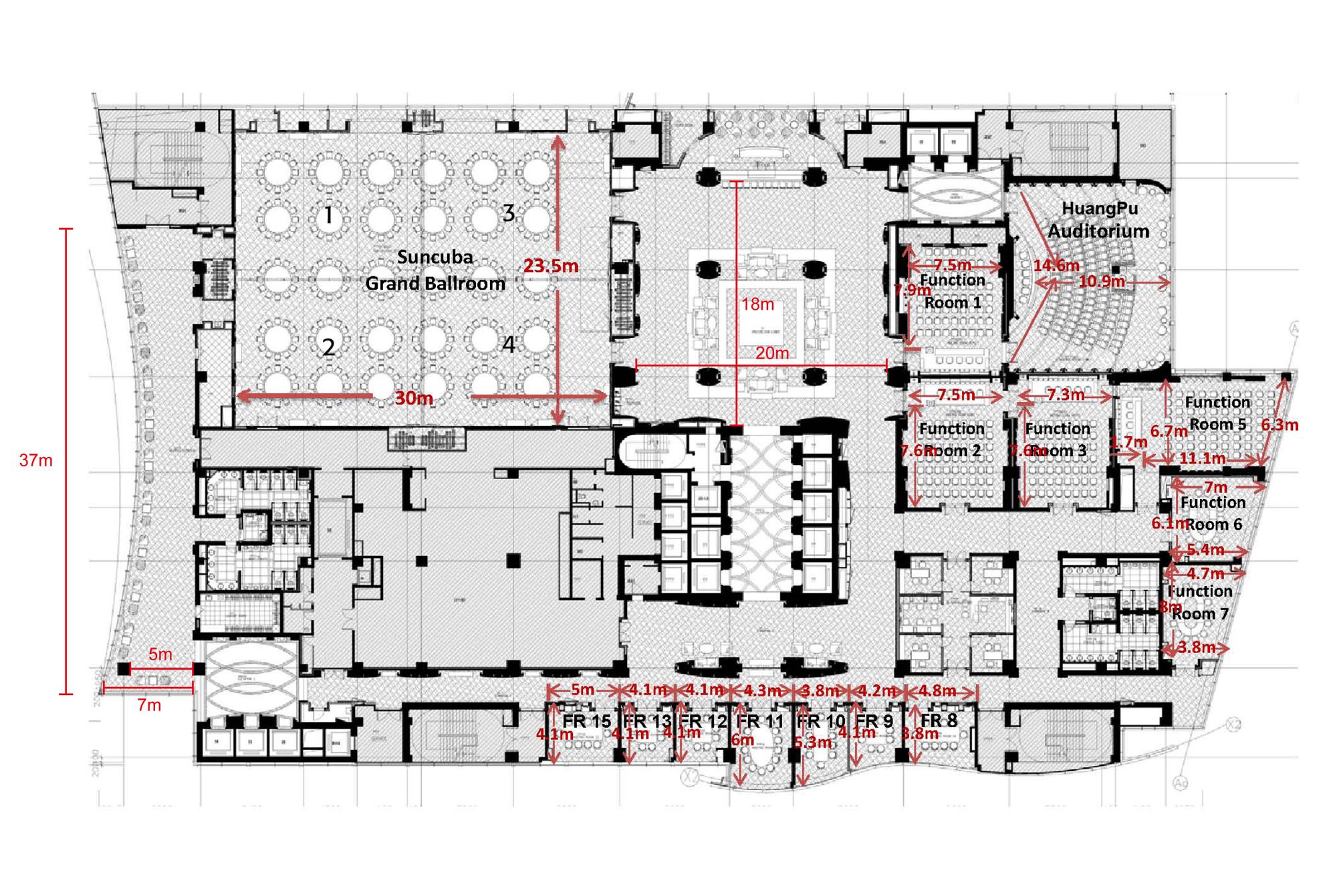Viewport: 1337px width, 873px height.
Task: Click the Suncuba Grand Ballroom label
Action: click(435, 270)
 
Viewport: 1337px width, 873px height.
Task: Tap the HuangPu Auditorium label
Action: click(1098, 219)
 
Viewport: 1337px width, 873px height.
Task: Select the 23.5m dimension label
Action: click(551, 266)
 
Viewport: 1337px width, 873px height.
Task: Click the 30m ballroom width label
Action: click(414, 399)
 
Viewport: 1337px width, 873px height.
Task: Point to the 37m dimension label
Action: click(36, 460)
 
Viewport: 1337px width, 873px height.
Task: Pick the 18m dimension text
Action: click(757, 304)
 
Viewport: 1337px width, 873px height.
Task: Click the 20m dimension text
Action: click(772, 353)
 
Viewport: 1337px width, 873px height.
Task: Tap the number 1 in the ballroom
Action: click(328, 215)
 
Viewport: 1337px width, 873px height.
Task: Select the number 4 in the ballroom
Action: click(509, 345)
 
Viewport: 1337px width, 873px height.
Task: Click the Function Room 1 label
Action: click(953, 291)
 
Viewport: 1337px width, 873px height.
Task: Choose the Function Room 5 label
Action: click(1217, 413)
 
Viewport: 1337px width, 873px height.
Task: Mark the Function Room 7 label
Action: click(1200, 602)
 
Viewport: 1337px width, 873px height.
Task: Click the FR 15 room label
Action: click(587, 721)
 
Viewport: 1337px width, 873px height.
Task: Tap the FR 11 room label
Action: click(759, 721)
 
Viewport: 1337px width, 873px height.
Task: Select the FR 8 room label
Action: click(939, 720)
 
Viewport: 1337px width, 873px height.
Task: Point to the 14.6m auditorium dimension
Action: click(1056, 266)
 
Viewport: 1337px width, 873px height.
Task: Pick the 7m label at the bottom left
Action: click(149, 705)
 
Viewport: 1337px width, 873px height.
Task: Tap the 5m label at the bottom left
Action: click(160, 654)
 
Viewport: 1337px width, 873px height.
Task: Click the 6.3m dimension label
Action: click(1280, 425)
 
